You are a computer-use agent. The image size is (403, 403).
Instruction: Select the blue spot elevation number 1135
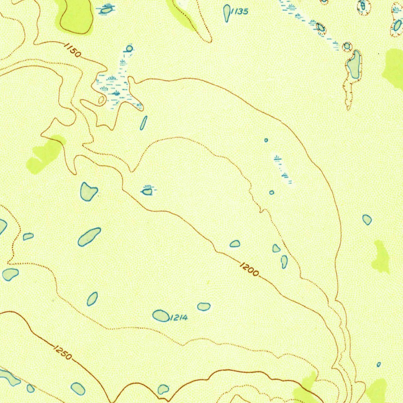click(239, 11)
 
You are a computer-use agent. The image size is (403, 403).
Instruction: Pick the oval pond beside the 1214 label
click(161, 316)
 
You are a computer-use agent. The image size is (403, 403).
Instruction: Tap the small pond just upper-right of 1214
click(203, 307)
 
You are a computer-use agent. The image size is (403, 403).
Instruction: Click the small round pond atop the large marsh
click(129, 49)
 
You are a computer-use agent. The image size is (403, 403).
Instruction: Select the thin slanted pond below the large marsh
click(144, 123)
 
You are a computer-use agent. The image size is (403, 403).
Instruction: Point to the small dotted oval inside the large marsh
click(101, 100)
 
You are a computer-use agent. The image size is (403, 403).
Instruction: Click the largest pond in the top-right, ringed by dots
click(354, 65)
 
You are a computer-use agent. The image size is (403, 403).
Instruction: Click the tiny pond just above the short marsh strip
click(266, 140)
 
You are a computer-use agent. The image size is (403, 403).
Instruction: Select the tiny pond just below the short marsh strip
click(272, 192)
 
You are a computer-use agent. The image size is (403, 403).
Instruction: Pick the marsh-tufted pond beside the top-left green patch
click(106, 10)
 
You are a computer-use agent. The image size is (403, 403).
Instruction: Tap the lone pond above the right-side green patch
click(367, 220)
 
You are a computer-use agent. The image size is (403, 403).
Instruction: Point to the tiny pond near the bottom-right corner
click(379, 364)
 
